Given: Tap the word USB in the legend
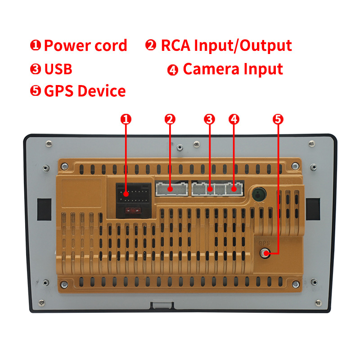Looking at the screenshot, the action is point(58,69).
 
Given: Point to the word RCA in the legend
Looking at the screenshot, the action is point(175,45).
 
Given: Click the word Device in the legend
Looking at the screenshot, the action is point(102,91).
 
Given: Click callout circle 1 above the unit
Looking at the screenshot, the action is point(126,119).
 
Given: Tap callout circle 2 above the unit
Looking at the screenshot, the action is point(170,119).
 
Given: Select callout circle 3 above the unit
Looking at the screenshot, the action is point(209,119).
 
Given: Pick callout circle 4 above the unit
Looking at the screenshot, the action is point(234,119).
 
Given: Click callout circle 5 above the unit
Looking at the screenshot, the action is point(278,119).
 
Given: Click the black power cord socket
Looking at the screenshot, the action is point(134,193).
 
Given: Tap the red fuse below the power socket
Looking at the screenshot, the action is point(132,210).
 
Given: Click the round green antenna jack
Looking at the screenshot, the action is point(259,194).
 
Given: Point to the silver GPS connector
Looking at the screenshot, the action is point(265,253).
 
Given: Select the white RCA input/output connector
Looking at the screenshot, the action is point(172,189).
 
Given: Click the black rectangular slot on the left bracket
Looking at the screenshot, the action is point(44,209).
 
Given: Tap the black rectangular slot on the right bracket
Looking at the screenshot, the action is point(313,209).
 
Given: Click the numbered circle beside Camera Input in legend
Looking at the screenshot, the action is point(173,70).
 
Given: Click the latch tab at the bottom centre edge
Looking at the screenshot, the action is point(162,306).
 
